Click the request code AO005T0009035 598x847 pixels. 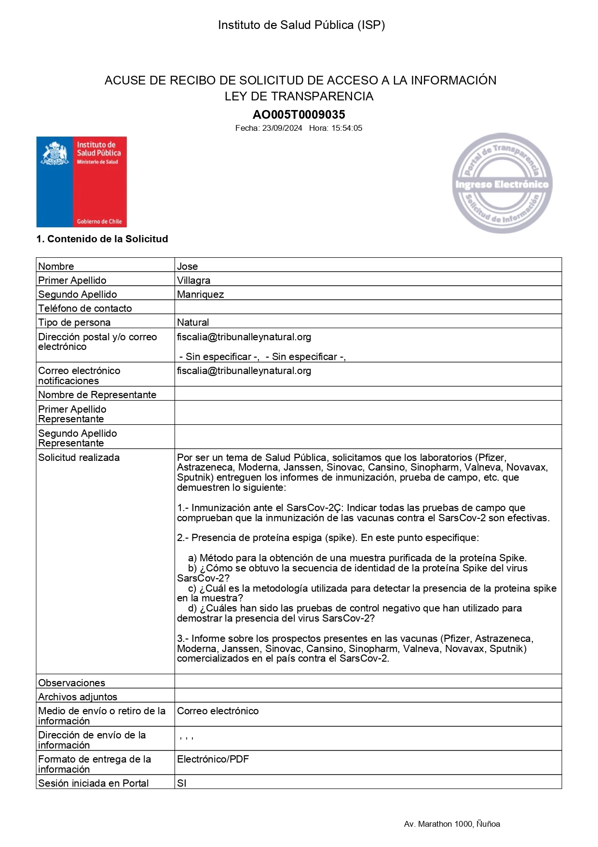pyautogui.click(x=299, y=115)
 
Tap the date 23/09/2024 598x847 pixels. pyautogui.click(x=282, y=128)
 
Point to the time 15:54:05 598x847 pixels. pyautogui.click(x=346, y=128)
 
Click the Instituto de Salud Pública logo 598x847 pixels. pyautogui.click(x=82, y=182)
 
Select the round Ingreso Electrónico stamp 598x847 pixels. pyautogui.click(x=502, y=183)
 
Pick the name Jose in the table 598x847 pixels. pyautogui.click(x=188, y=266)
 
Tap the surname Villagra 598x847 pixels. pyautogui.click(x=193, y=280)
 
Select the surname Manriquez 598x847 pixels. pyautogui.click(x=200, y=294)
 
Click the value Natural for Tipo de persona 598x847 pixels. pyautogui.click(x=193, y=322)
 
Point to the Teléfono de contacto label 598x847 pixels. pyautogui.click(x=85, y=308)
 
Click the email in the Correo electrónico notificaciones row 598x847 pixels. pyautogui.click(x=244, y=371)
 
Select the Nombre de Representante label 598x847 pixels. pyautogui.click(x=97, y=395)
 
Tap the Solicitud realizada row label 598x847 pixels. pyautogui.click(x=79, y=458)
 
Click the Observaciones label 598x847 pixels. pyautogui.click(x=71, y=683)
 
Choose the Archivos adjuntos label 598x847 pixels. pyautogui.click(x=78, y=697)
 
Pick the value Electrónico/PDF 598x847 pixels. pyautogui.click(x=213, y=759)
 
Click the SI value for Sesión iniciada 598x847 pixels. pyautogui.click(x=182, y=783)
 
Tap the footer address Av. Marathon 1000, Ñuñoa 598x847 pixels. pyautogui.click(x=452, y=824)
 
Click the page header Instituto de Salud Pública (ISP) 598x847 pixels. pyautogui.click(x=301, y=25)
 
